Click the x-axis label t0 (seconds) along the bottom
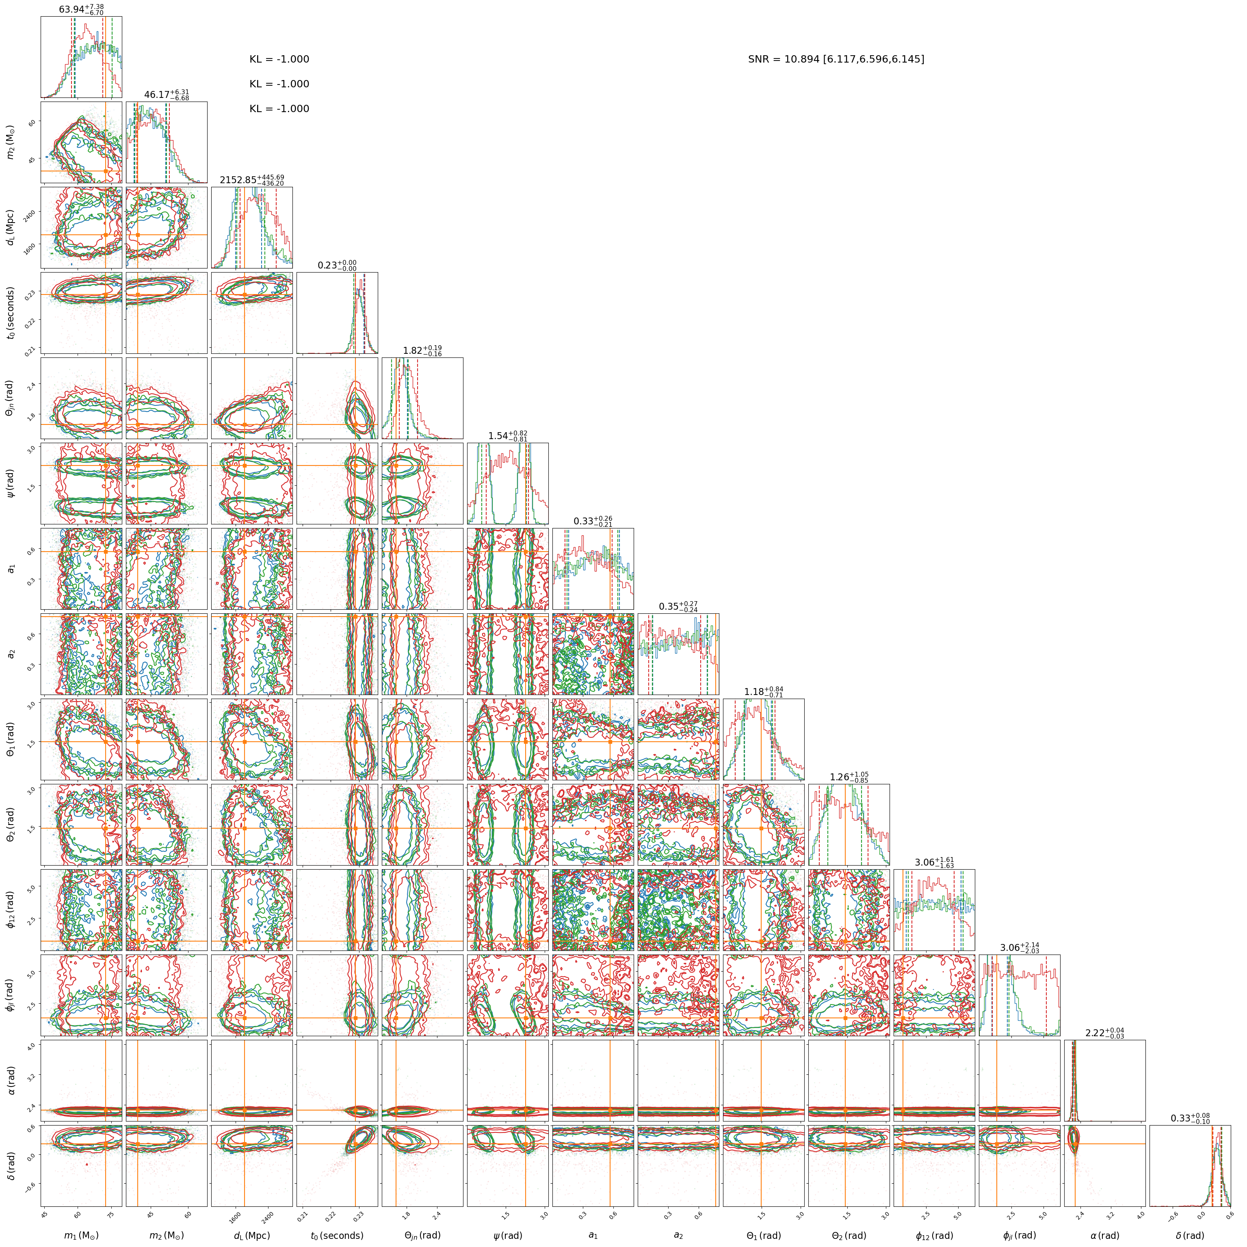[337, 1235]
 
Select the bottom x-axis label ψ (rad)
[507, 1235]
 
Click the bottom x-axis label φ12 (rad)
[934, 1235]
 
